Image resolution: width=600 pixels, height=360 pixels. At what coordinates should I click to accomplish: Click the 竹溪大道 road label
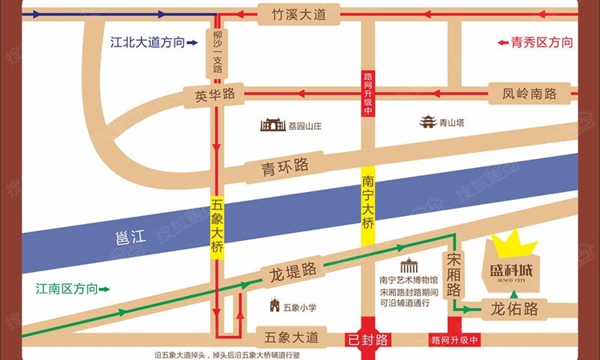coord(298,13)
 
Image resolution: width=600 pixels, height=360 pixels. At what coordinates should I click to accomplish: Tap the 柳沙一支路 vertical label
coord(217,53)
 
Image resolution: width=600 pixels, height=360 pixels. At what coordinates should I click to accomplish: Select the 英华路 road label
coord(214,94)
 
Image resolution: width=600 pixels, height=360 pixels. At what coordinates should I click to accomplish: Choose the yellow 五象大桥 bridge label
coord(217,226)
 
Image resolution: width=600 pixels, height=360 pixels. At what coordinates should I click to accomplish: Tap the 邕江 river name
coord(128,237)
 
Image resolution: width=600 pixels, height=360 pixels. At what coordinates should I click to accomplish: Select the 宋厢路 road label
coord(454,273)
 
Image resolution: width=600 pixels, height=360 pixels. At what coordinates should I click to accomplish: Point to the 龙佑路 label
coord(514,309)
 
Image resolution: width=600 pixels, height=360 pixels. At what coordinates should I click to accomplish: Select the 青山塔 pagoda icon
coord(429,122)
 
